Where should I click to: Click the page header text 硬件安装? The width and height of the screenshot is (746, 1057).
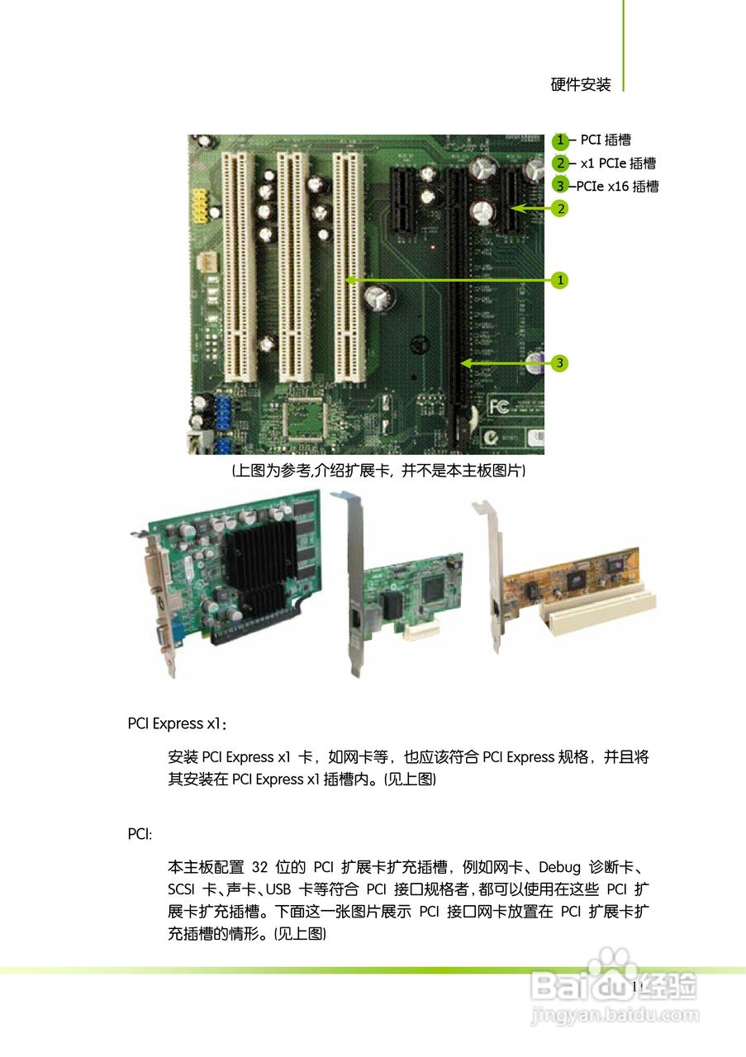581,84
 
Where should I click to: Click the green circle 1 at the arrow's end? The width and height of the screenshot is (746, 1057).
561,281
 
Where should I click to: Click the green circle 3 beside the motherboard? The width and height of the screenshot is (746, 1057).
561,363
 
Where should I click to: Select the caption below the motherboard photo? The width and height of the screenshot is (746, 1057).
378,471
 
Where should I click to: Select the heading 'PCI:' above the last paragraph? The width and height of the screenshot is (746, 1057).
140,834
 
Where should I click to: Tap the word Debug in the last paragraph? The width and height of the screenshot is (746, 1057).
559,868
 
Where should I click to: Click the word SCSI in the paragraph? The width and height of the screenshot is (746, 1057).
183,890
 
